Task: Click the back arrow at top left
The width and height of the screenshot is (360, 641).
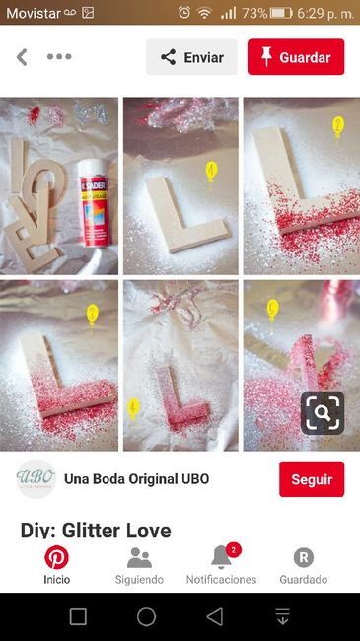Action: (x=22, y=57)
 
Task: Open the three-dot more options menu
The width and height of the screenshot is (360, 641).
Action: (x=59, y=57)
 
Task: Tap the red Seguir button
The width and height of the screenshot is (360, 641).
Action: (x=312, y=479)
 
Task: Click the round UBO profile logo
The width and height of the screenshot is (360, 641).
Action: (x=36, y=479)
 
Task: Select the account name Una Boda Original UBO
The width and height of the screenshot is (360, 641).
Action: (x=136, y=479)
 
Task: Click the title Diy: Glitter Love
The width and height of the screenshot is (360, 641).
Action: (x=96, y=530)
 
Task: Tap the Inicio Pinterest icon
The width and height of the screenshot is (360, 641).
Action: (x=56, y=558)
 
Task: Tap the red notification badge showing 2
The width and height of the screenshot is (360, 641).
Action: (x=234, y=549)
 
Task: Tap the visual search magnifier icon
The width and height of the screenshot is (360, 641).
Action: (x=323, y=413)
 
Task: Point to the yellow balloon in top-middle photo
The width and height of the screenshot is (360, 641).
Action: (x=211, y=173)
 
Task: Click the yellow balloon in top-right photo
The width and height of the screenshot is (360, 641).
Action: (x=337, y=126)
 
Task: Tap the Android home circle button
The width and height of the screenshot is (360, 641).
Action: (x=146, y=616)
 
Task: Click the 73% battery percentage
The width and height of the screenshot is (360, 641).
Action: (x=254, y=13)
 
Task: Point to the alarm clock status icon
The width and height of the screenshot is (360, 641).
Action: (x=184, y=13)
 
